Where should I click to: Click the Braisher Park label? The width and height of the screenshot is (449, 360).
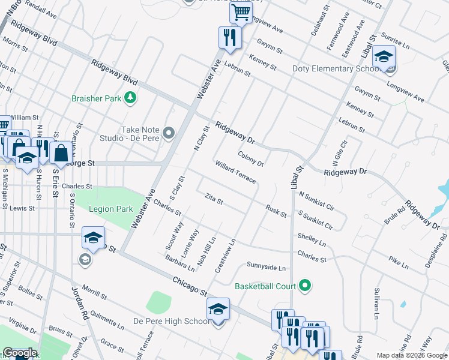coord(95,98)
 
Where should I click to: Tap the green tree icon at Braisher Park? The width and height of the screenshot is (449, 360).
coord(130,98)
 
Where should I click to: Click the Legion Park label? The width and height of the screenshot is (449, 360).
coord(110,209)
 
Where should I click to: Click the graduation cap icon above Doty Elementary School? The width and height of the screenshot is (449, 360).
coord(383,57)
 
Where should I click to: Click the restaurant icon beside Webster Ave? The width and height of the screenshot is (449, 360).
coord(229,37)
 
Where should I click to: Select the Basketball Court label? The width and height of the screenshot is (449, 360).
coord(265,286)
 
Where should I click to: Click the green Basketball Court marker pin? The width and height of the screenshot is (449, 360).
coord(306,286)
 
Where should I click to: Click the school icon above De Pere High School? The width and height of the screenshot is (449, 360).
coord(218,309)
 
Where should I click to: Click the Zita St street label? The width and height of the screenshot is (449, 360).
coord(214,199)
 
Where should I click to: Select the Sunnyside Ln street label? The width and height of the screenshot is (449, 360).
coord(266,266)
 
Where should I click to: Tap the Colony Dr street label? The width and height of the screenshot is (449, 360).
coord(250,158)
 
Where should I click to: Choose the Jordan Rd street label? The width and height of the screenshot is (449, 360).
coord(79,304)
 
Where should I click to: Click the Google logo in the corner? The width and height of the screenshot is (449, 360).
coord(19,353)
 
